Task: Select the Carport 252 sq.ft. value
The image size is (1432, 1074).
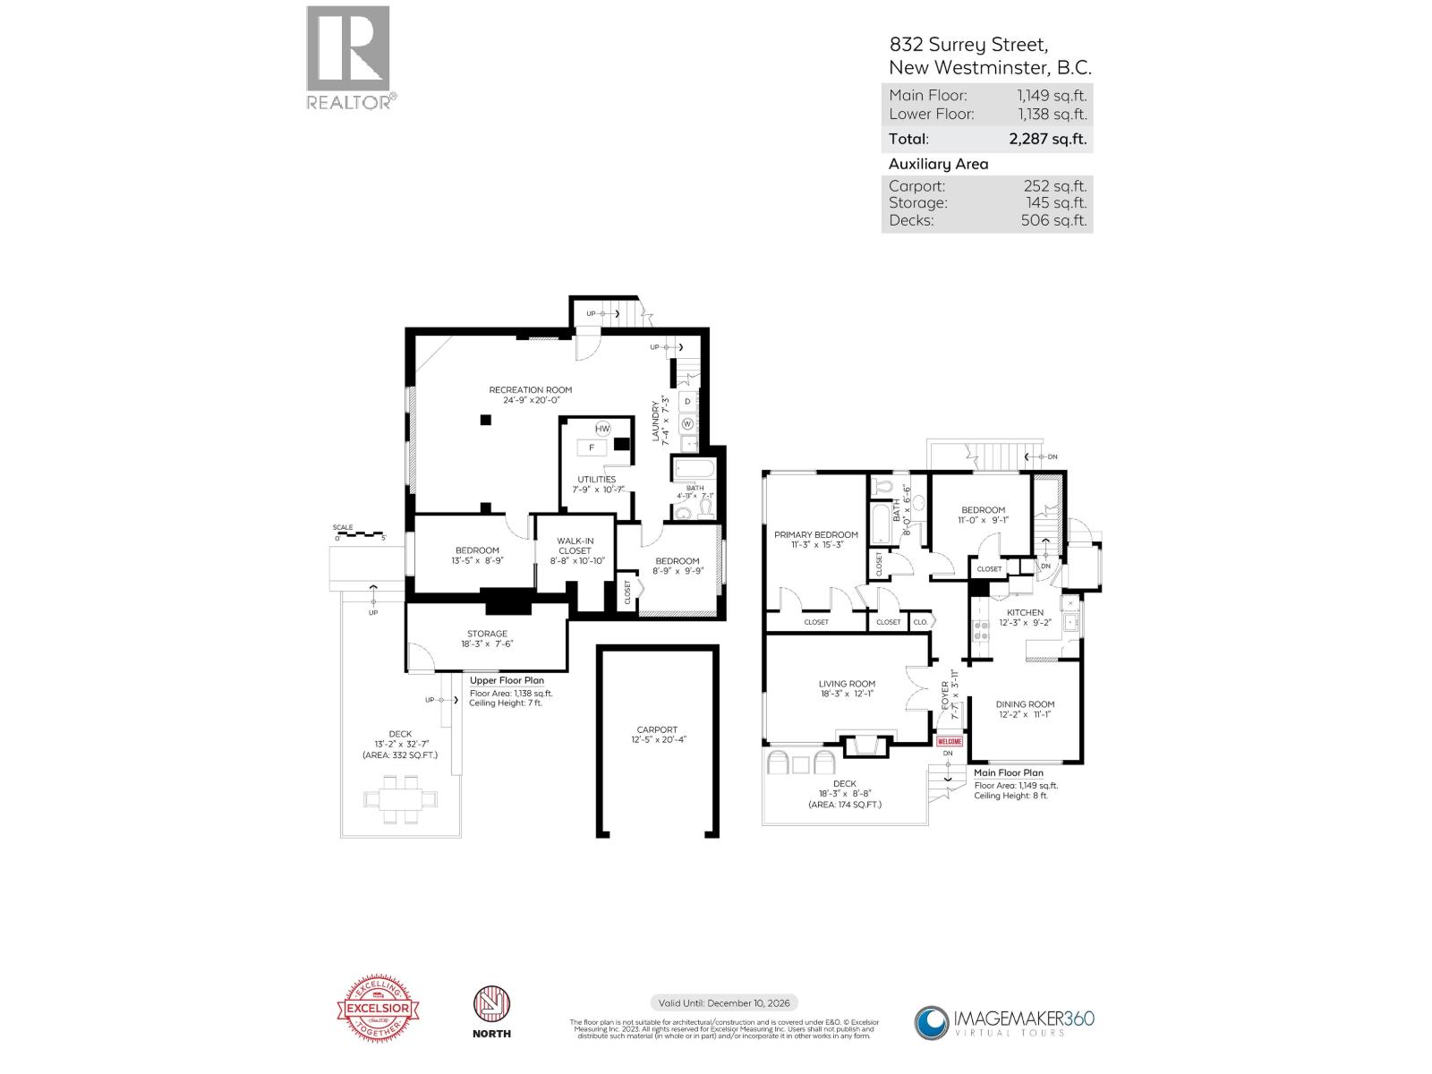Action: click(x=1054, y=186)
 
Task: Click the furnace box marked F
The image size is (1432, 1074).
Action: click(x=592, y=447)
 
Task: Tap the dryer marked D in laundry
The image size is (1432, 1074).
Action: click(x=687, y=401)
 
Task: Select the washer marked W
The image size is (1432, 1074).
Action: click(x=687, y=423)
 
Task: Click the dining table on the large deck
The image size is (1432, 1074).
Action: click(x=400, y=798)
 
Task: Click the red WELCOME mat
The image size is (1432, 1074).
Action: click(x=949, y=741)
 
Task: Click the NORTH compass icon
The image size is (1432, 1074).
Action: click(x=490, y=1010)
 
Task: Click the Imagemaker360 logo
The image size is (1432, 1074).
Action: click(x=1003, y=1020)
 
